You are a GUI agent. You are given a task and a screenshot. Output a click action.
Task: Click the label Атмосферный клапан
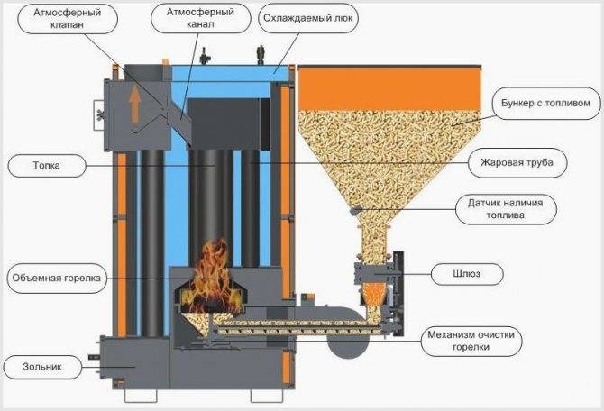(68, 19)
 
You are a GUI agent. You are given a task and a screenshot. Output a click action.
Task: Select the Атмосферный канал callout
(201, 18)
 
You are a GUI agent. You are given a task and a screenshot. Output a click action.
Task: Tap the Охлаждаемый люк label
(308, 18)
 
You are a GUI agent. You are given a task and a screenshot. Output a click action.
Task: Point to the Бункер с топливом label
(545, 104)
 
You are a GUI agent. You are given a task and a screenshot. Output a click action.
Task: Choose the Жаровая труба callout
(517, 162)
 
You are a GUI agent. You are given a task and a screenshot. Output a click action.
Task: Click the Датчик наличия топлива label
(506, 209)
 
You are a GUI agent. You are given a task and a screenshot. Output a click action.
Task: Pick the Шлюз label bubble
(467, 274)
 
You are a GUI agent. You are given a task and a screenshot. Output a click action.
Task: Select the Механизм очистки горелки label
(471, 341)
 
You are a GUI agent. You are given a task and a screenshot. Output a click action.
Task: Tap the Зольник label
(42, 367)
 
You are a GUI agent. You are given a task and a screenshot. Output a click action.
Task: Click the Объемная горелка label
(56, 279)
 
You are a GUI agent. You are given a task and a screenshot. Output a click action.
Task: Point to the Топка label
(47, 166)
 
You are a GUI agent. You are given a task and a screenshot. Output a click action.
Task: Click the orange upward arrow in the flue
(134, 104)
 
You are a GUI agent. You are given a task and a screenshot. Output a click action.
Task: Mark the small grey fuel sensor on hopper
(355, 211)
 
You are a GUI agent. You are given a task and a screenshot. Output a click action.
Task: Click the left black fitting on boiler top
(204, 56)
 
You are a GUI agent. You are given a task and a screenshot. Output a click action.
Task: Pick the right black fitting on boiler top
(261, 55)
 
